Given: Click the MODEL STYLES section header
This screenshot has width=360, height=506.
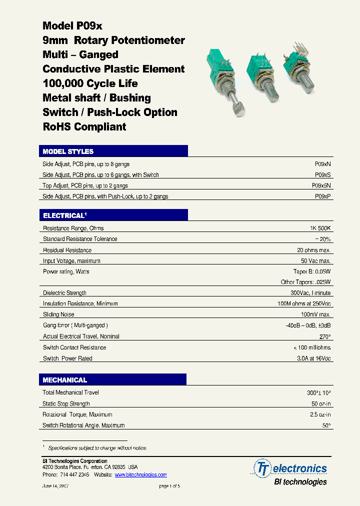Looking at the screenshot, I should pos(68,151).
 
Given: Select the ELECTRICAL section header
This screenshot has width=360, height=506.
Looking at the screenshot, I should pos(64,215).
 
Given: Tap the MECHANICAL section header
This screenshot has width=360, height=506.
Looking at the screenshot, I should pos(64,380).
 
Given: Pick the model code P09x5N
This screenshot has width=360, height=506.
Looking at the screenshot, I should pos(321,185).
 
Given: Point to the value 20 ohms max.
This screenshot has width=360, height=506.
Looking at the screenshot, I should pos(313,250).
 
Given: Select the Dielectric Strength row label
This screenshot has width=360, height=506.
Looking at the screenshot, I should pos(64,293).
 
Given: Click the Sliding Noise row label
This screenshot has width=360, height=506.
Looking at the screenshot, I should pos(58,314).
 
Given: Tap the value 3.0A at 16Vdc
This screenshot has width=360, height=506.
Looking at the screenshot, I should pos(311,358).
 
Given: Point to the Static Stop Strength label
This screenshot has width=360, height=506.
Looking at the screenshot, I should pos(66,404).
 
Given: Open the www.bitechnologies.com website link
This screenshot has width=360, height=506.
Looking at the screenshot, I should pos(140,475).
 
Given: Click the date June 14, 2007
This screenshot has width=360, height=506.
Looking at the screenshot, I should pos(55,486).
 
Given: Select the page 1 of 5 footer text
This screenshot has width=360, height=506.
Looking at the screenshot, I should pos(169,486).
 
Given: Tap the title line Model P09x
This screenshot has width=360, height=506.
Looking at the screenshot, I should pos(72,26).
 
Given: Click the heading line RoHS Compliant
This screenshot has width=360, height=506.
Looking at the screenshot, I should pos(84,127).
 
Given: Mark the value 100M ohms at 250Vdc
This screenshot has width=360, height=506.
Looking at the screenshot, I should pos(303,304).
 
